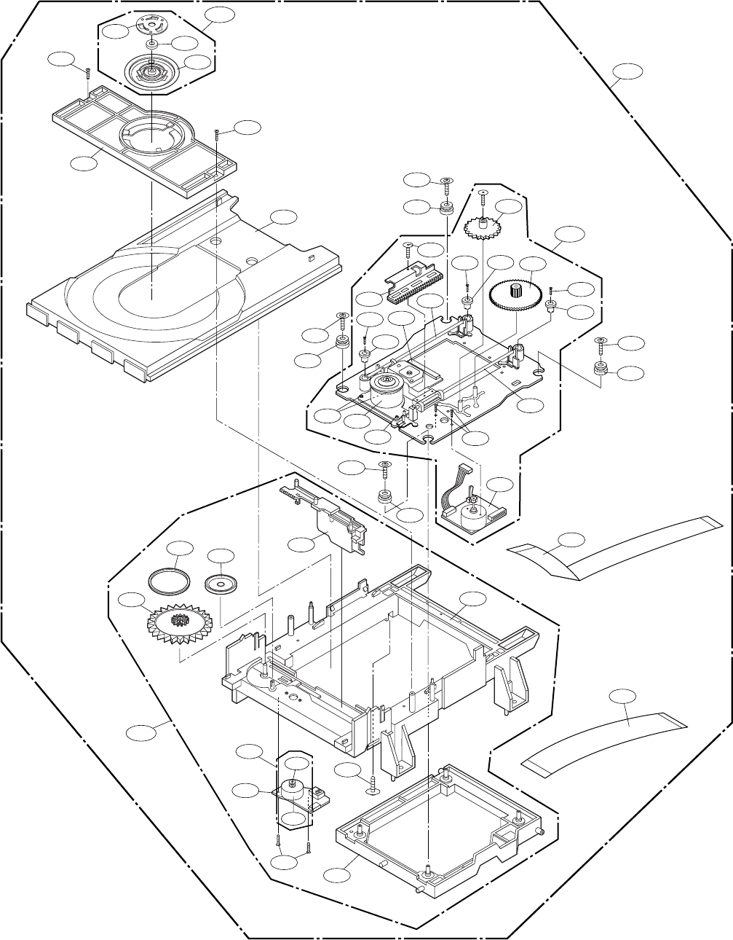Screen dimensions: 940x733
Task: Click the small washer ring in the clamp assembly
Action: coord(151,44)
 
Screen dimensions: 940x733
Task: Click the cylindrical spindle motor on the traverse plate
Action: coord(389,393)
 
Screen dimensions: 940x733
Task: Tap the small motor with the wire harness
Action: coord(472,511)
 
